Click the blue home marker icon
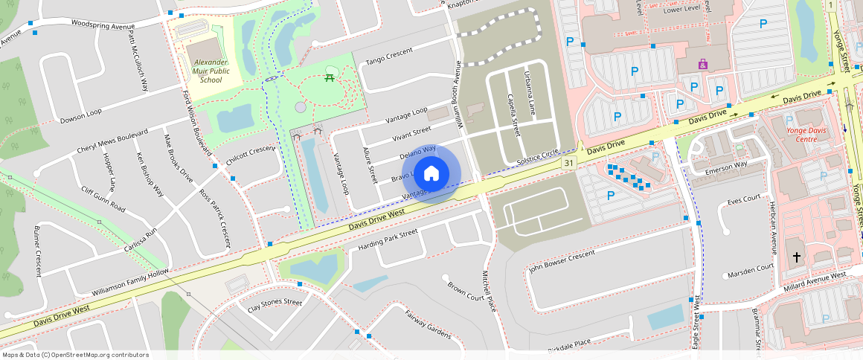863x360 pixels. click(x=431, y=174)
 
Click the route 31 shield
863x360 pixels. click(x=569, y=162)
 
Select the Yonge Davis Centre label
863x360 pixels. click(x=806, y=134)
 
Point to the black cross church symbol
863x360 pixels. click(x=796, y=257)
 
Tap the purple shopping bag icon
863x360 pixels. click(x=703, y=64)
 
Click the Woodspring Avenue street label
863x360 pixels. click(x=103, y=25)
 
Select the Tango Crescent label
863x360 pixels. click(x=389, y=60)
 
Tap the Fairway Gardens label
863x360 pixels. click(x=428, y=324)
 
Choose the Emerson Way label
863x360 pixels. click(x=725, y=167)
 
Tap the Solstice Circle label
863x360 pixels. click(x=537, y=157)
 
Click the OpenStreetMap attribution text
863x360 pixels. click(x=76, y=355)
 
